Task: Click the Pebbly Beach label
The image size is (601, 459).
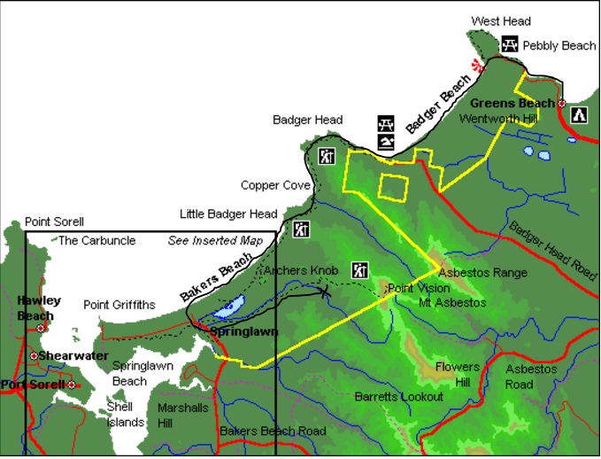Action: coord(559,45)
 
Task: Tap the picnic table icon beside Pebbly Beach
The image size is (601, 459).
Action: coord(509,43)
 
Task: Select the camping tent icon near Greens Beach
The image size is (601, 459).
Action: coord(579,115)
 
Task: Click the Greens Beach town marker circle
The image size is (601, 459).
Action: coord(561,104)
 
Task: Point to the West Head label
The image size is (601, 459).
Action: coord(501,21)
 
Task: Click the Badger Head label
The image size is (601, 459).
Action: coord(307,120)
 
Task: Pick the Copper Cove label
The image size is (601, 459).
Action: coord(275,185)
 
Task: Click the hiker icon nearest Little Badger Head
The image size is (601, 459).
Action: coord(301,229)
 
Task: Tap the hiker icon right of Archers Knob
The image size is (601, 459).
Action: coord(359,270)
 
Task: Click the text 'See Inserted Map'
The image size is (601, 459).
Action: coord(215,240)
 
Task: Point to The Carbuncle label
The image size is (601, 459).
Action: coord(97,240)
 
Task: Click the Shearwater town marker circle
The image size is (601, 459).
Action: coord(34,356)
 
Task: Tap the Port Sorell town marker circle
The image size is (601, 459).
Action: coord(72,385)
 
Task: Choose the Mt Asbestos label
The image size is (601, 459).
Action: coord(452,302)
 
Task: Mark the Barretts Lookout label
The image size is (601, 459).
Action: coord(398,396)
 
